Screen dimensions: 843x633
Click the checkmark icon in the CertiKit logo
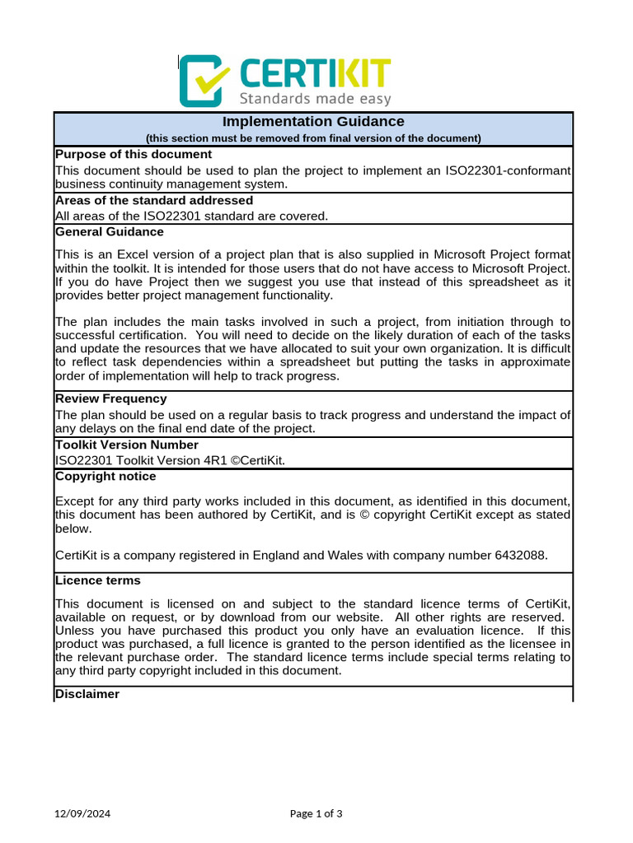click(x=202, y=80)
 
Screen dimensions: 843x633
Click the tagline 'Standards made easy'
click(x=315, y=99)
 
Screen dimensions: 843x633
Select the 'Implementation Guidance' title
click(x=313, y=122)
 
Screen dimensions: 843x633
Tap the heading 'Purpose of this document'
click(x=134, y=154)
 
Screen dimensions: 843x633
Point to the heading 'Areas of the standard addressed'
click(x=154, y=200)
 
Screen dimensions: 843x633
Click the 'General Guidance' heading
click(x=110, y=231)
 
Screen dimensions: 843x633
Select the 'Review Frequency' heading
click(x=111, y=398)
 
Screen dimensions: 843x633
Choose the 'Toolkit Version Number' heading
click(x=127, y=445)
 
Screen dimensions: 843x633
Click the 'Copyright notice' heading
click(x=105, y=476)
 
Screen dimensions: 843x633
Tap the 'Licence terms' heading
click(x=97, y=580)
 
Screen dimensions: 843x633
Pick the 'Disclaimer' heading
click(x=87, y=694)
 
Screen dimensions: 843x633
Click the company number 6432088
click(x=520, y=555)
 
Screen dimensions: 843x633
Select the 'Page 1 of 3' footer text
click(x=316, y=814)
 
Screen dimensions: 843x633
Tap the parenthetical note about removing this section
click(x=313, y=138)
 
